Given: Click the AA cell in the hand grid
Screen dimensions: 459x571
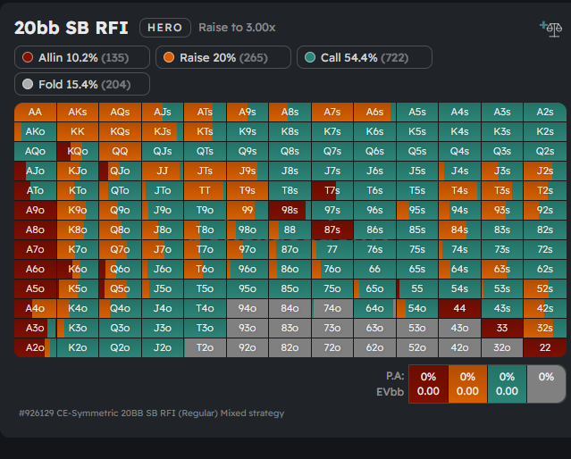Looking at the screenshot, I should point(35,113).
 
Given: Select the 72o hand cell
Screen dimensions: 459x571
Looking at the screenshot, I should point(332,347).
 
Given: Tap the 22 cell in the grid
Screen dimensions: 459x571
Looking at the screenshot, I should point(544,347).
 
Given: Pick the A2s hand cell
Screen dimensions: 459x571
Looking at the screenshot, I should point(544,113).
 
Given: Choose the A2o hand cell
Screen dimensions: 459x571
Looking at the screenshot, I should point(35,347).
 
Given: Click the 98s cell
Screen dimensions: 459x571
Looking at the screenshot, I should point(290,210).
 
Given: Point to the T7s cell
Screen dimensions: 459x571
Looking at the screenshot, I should point(332,190).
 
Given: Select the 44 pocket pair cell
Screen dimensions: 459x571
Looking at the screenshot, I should point(459,308).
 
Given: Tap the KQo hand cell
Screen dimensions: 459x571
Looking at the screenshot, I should point(78,151).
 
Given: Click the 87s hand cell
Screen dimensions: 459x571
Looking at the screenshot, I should point(332,229).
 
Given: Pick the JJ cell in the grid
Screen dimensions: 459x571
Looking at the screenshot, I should point(162,171).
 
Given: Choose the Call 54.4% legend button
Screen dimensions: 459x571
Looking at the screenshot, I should point(364,57).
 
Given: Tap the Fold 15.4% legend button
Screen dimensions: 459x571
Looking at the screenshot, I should point(82,84).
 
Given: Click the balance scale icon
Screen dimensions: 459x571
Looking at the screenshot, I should point(550,29).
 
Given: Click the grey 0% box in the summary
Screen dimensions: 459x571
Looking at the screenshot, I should point(545,384).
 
